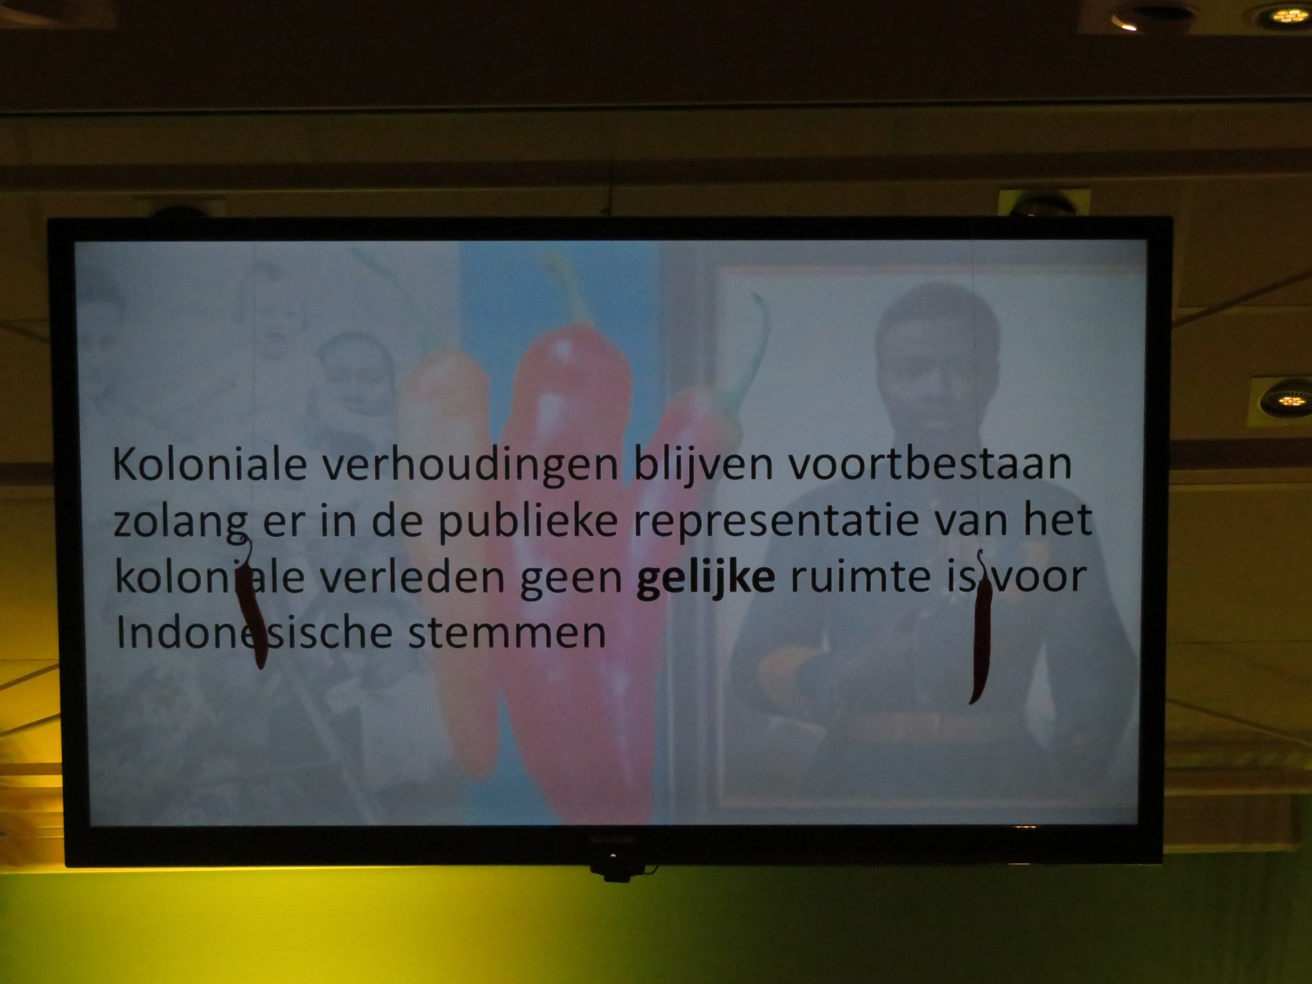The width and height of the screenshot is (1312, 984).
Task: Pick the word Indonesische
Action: click(259, 632)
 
